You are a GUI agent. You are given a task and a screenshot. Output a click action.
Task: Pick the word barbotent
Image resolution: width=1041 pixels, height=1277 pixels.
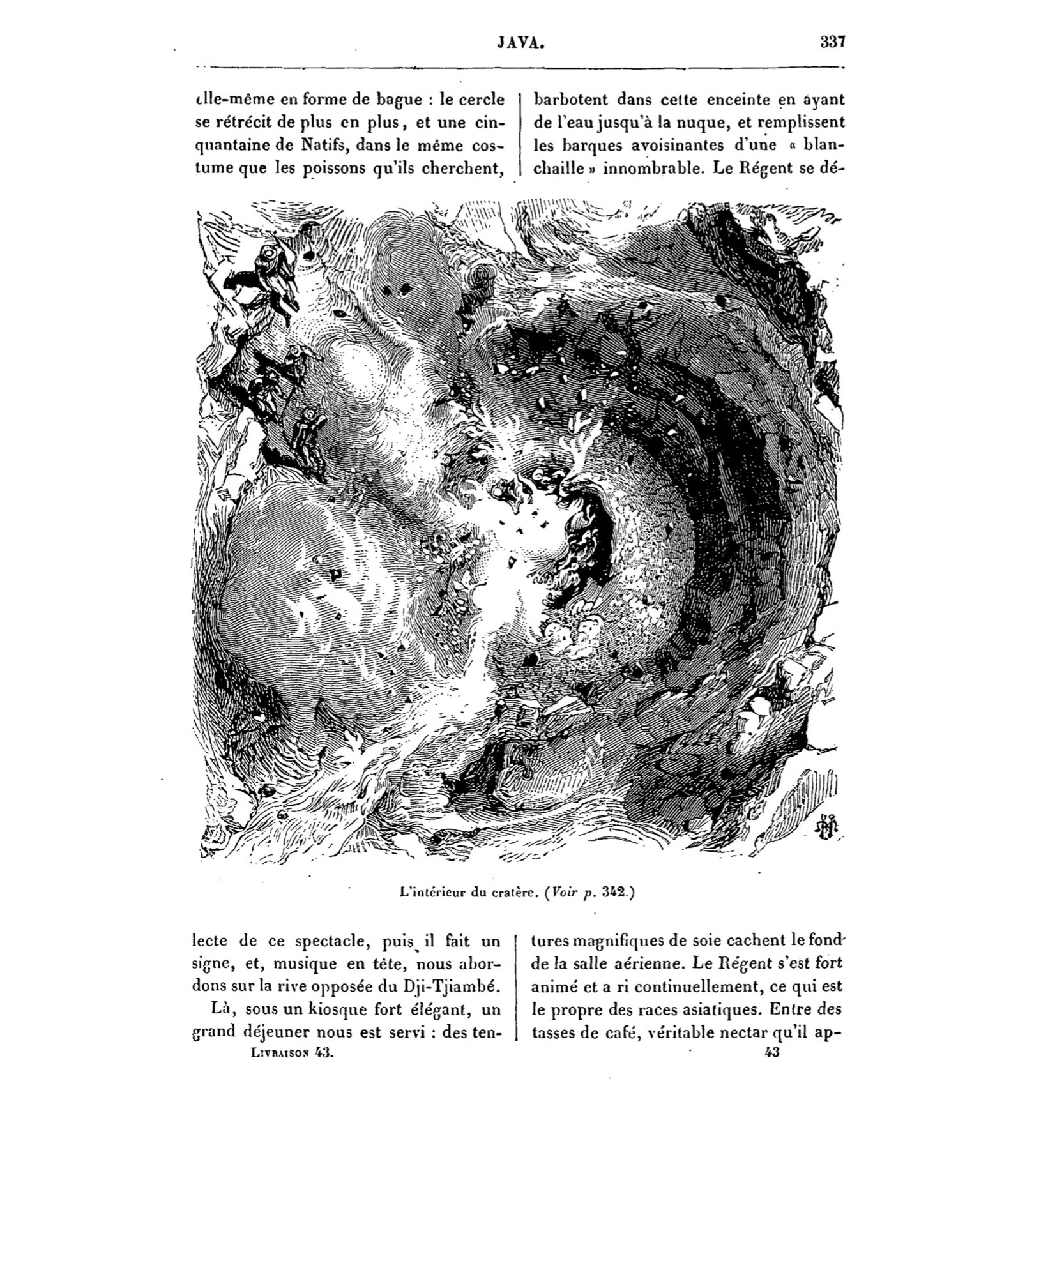[x=570, y=100]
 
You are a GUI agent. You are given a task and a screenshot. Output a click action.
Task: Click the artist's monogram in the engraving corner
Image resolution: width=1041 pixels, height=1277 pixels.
[x=828, y=827]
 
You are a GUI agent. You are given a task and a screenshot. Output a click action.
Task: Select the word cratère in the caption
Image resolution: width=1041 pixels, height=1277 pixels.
[x=515, y=894]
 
